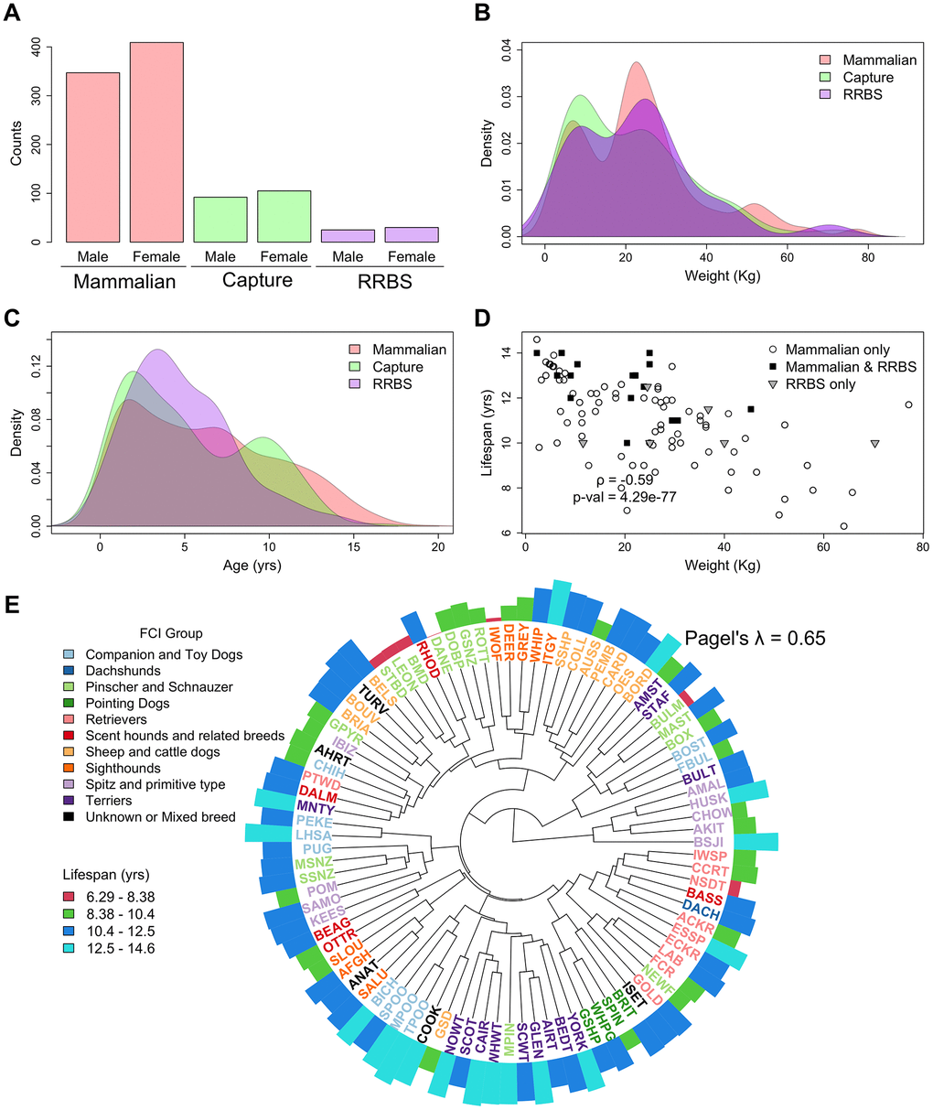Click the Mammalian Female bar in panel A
[156, 142]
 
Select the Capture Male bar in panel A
[220, 220]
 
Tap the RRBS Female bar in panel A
[412, 234]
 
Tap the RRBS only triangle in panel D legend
[774, 384]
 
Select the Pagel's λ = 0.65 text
[756, 638]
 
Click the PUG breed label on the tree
[317, 849]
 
